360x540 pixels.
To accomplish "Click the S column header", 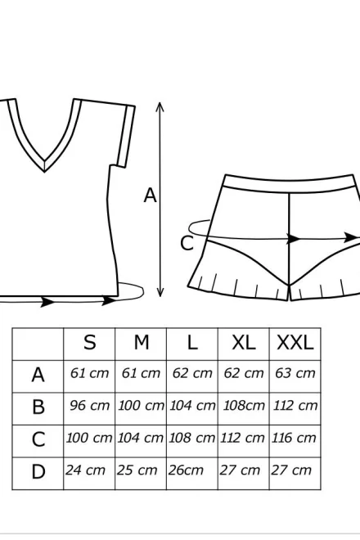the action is click(x=89, y=343).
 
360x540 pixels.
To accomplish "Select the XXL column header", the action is click(x=295, y=343).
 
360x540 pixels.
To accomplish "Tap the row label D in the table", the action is click(x=38, y=472).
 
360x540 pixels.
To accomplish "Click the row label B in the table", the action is click(x=38, y=407).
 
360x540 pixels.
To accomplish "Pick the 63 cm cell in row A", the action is click(x=295, y=373).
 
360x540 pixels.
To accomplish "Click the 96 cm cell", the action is click(x=89, y=406).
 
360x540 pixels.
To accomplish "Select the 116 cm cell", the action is click(x=294, y=438).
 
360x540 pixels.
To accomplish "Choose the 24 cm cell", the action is click(x=85, y=470).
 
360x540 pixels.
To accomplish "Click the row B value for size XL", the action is click(x=244, y=406).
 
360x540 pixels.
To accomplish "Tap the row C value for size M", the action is click(x=140, y=438).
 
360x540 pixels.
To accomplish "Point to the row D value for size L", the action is click(x=186, y=470).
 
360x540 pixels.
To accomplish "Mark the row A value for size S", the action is click(x=89, y=373).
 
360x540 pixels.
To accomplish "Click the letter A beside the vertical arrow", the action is click(x=151, y=196).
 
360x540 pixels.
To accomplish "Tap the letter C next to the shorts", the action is click(x=187, y=243).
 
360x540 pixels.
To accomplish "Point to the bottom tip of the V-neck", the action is click(x=44, y=171).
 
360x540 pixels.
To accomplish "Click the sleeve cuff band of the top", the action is click(x=126, y=137).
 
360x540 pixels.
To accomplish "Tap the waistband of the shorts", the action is click(x=290, y=183).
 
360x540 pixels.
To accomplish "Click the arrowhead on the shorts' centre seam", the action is click(x=294, y=238).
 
